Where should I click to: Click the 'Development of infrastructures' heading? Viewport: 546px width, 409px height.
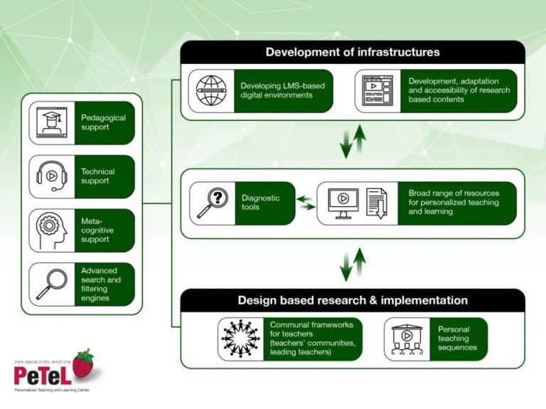pyautogui.click(x=353, y=52)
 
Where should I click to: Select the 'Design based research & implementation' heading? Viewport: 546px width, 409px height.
pyautogui.click(x=353, y=300)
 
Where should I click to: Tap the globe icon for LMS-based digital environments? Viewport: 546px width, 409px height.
pyautogui.click(x=211, y=90)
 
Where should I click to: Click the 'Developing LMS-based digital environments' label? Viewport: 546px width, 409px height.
pyautogui.click(x=282, y=90)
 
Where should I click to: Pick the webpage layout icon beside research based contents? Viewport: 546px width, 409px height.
pyautogui.click(x=377, y=90)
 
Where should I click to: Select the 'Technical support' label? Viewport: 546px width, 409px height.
pyautogui.click(x=97, y=176)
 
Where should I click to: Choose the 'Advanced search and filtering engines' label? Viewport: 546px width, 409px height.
pyautogui.click(x=101, y=284)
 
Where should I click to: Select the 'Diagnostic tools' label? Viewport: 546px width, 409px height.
pyautogui.click(x=261, y=203)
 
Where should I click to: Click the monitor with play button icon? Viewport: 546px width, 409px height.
pyautogui.click(x=343, y=203)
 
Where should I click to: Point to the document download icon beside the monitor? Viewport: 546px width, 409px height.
pyautogui.click(x=377, y=203)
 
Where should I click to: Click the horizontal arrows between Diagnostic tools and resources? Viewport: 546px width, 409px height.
pyautogui.click(x=306, y=203)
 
